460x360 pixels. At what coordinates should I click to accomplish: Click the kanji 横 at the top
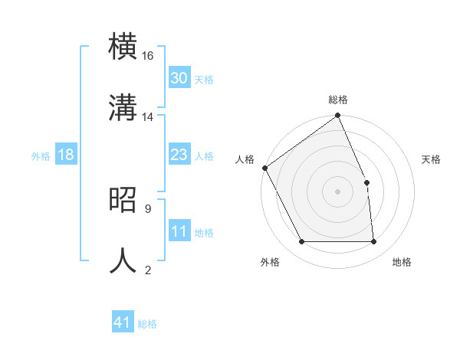pyautogui.click(x=123, y=45)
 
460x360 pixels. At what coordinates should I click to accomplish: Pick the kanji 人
pyautogui.click(x=123, y=260)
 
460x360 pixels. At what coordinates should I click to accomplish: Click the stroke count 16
pyautogui.click(x=148, y=56)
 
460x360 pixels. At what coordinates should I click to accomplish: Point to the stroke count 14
pyautogui.click(x=148, y=117)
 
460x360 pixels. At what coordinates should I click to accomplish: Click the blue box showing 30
pyautogui.click(x=179, y=78)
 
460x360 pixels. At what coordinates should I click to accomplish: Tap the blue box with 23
pyautogui.click(x=179, y=155)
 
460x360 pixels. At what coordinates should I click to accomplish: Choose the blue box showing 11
pyautogui.click(x=179, y=232)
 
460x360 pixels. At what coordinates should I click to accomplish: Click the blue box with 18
pyautogui.click(x=65, y=155)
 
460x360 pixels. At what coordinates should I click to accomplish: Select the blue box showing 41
pyautogui.click(x=123, y=322)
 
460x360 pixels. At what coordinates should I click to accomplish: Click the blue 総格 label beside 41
pyautogui.click(x=147, y=324)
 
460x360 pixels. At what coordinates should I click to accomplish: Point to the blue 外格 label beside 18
pyautogui.click(x=41, y=156)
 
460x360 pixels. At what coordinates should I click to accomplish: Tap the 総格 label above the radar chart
pyautogui.click(x=338, y=100)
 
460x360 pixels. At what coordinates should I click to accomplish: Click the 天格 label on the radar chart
pyautogui.click(x=431, y=159)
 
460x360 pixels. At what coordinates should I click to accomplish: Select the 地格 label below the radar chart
pyautogui.click(x=402, y=263)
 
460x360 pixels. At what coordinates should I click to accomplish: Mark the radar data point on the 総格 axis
pyautogui.click(x=337, y=116)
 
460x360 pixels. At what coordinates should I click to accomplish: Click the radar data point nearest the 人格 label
pyautogui.click(x=264, y=168)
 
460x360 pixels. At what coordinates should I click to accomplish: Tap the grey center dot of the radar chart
pyautogui.click(x=337, y=191)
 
